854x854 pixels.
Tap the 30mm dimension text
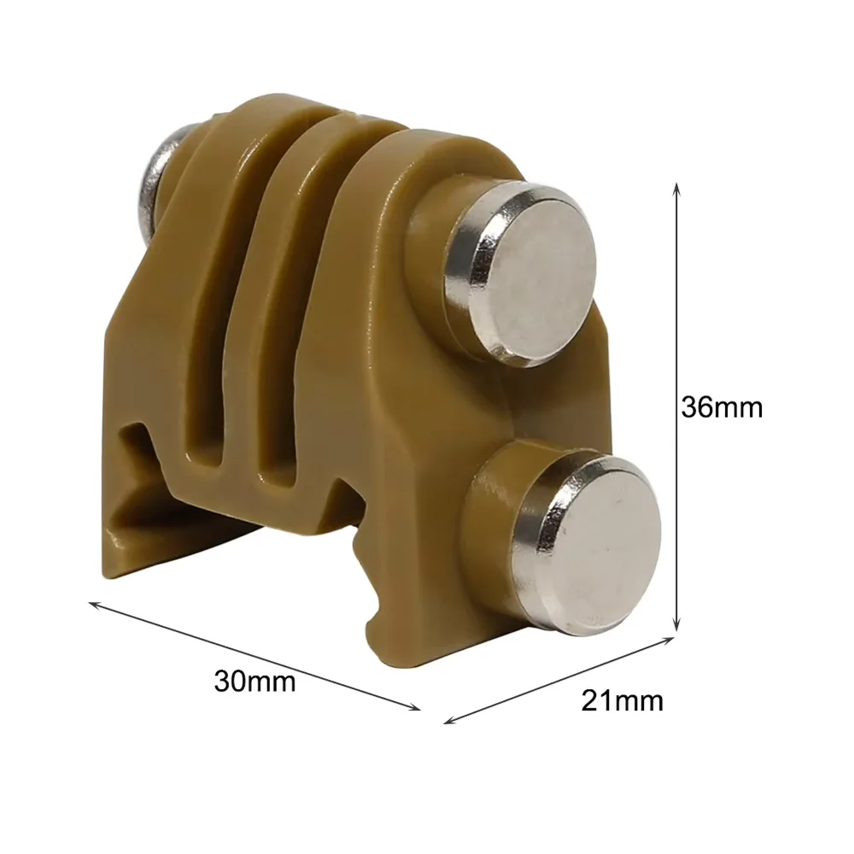coord(254,681)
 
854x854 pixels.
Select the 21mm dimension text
coord(622,700)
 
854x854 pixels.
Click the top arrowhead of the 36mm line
coord(676,188)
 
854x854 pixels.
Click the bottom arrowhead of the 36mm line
coord(676,626)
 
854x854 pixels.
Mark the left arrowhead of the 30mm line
coord(94,605)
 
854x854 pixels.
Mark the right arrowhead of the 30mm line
coord(415,707)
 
